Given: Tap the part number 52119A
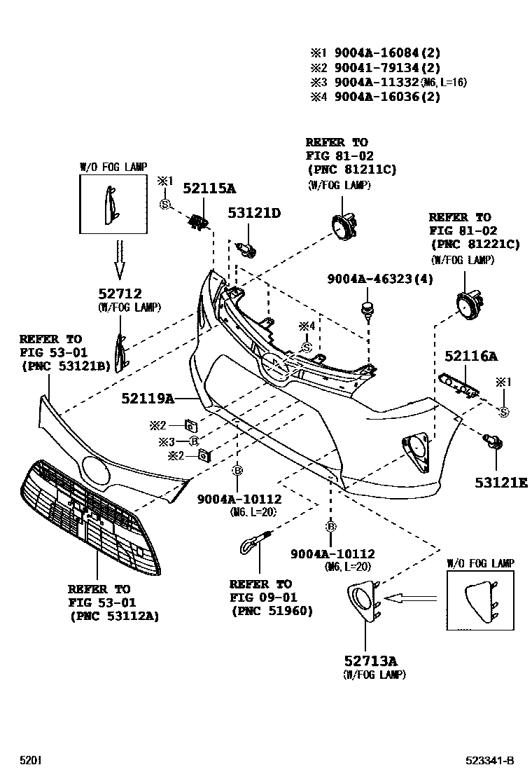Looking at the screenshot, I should pos(147,398).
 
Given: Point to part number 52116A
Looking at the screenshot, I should pos(471,357).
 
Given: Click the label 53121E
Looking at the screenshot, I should pos(500,483).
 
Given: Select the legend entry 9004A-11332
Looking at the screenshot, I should pos(377,82).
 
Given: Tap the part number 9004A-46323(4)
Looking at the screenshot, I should pos(380,279).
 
